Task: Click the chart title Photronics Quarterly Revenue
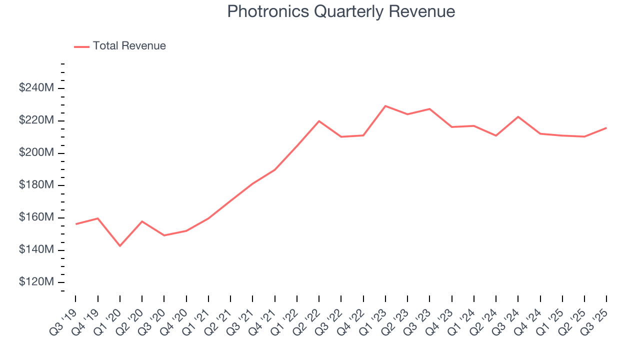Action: point(341,11)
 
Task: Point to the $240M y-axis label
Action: point(36,88)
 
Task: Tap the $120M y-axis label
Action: point(36,282)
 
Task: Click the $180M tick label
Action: point(36,185)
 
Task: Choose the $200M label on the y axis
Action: point(36,152)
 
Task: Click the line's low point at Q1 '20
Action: point(120,246)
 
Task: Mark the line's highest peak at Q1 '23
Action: point(385,106)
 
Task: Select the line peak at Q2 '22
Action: point(319,121)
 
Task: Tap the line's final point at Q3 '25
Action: point(606,128)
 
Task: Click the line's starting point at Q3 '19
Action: point(75,224)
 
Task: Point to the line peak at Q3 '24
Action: point(518,116)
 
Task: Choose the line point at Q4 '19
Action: point(97,218)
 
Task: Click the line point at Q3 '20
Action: point(164,235)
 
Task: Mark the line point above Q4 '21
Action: point(274,170)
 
